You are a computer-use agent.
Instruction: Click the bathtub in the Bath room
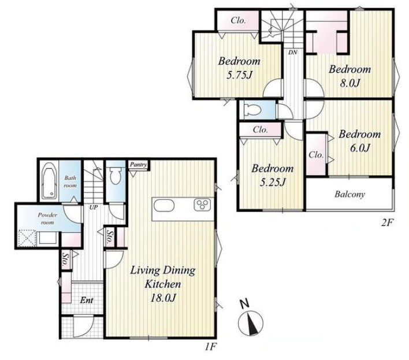(49, 180)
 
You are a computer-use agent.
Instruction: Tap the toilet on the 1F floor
(116, 175)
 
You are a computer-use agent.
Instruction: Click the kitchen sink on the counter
(164, 206)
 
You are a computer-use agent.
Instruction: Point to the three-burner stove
(202, 205)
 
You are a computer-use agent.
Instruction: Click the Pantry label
(139, 165)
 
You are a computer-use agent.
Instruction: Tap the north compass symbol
(250, 320)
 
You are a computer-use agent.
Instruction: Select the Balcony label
(350, 194)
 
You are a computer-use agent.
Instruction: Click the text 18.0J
(162, 298)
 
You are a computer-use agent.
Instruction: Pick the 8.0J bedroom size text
(349, 83)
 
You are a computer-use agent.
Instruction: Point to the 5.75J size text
(239, 75)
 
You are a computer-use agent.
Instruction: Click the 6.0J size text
(360, 148)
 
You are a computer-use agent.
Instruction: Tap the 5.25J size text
(272, 182)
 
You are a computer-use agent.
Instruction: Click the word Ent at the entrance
(87, 300)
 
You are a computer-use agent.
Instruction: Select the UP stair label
(94, 207)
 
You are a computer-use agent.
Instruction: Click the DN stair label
(293, 53)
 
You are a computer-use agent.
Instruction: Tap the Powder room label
(47, 218)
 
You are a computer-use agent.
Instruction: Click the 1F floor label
(210, 347)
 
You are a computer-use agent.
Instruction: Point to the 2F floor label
(387, 222)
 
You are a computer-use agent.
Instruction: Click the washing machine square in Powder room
(27, 237)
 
